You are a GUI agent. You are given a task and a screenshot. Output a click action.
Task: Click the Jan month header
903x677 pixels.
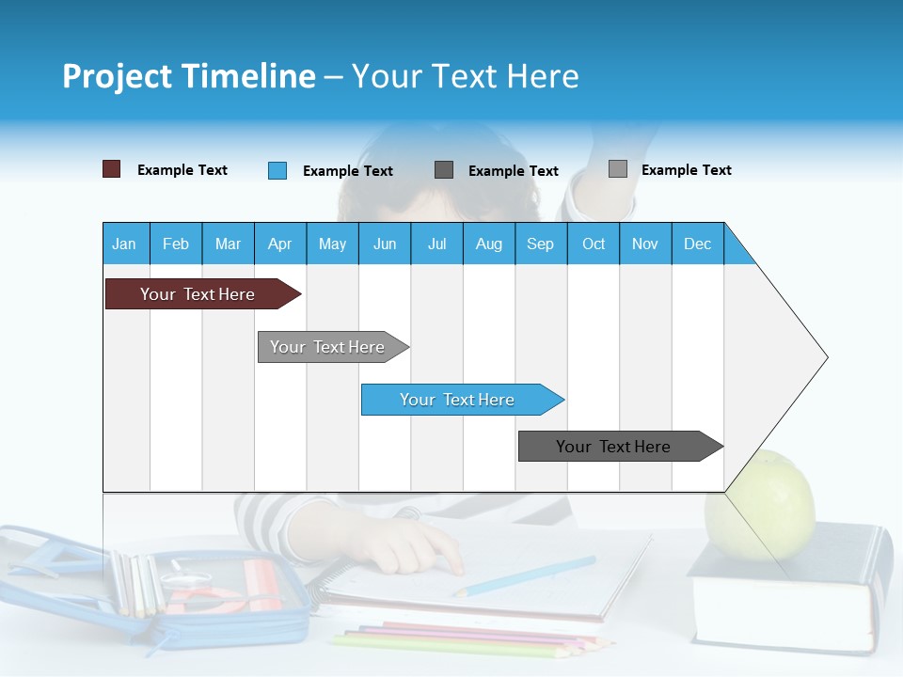pos(124,244)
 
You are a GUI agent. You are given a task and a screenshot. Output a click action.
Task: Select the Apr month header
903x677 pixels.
pos(279,244)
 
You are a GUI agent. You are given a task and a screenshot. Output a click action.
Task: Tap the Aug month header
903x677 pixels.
pos(488,244)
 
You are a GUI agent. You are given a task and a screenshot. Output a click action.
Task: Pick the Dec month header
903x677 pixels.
pos(697,244)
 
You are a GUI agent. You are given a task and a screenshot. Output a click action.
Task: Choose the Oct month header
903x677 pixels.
pos(593,244)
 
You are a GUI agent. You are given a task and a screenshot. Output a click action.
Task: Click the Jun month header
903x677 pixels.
pos(384,244)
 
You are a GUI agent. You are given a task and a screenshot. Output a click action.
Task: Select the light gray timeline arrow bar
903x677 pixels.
pos(329,347)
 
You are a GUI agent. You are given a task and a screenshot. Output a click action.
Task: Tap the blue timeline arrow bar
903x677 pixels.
pos(459,400)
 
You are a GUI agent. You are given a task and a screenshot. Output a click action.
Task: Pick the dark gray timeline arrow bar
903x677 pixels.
pos(616,447)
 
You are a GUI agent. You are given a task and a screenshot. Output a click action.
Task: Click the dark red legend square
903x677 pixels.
pos(111,169)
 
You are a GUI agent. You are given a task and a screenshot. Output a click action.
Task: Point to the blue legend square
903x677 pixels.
pos(277,170)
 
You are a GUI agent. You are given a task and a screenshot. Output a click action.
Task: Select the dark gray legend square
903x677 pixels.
pos(444,170)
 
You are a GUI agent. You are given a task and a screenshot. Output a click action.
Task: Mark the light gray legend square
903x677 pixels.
pos(617,169)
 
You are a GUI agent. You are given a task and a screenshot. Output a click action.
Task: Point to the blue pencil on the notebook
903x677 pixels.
pos(527,575)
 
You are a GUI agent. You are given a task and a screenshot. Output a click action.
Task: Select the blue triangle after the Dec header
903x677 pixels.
pos(737,249)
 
